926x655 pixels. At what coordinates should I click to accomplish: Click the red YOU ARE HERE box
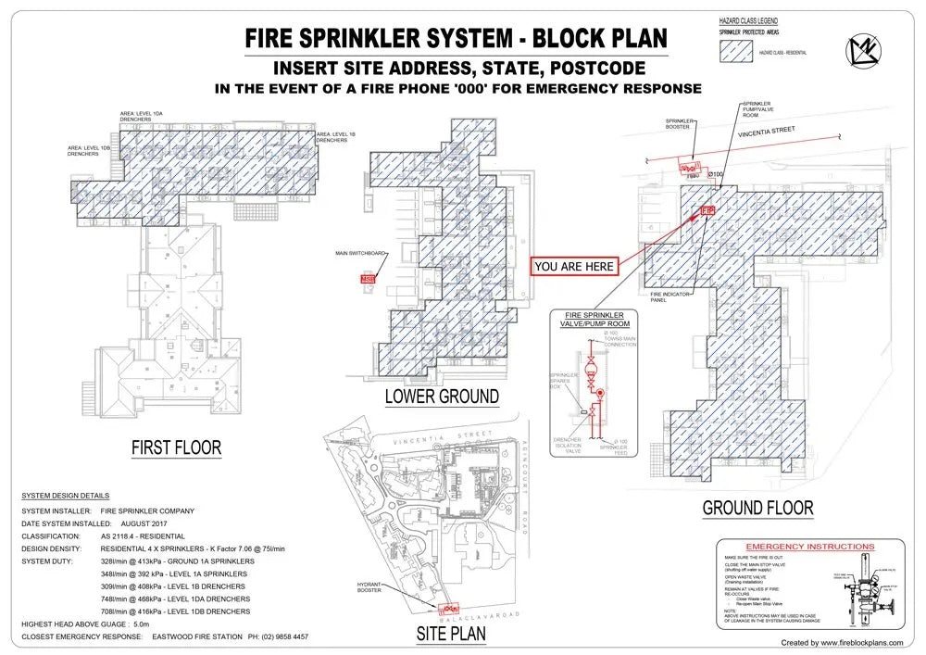coord(574,266)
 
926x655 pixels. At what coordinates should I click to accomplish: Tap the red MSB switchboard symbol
coord(369,278)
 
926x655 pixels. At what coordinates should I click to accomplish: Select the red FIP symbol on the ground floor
coord(708,211)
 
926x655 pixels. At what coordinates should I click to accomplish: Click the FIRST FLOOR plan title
coord(176,448)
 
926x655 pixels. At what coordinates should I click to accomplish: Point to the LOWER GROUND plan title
coord(442,397)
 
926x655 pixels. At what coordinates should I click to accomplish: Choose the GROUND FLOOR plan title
coord(757,508)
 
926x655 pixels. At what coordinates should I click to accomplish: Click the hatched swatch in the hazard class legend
coord(738,54)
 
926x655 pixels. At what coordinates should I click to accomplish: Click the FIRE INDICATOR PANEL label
coord(664,297)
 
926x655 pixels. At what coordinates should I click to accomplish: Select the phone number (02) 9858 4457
coord(279,637)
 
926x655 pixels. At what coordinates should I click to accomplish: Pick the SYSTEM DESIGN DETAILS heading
coord(65,496)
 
